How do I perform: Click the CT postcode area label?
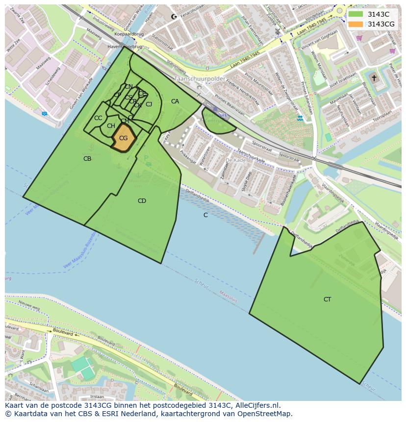[x=327, y=299]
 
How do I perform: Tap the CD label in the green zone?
[x=142, y=201]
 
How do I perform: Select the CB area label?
[x=87, y=159]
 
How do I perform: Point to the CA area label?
[x=175, y=101]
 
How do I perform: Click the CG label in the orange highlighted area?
[x=123, y=138]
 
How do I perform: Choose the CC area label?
[x=98, y=118]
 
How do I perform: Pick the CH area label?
[x=111, y=126]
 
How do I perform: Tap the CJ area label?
[x=149, y=104]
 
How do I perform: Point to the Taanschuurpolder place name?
[x=200, y=78]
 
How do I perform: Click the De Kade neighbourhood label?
[x=235, y=160]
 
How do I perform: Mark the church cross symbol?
[x=374, y=78]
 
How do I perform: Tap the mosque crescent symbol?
[x=173, y=17]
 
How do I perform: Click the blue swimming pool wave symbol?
[x=300, y=118]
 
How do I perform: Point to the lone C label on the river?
[x=205, y=215]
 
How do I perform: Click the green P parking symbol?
[x=146, y=158]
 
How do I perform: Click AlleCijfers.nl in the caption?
[x=257, y=405]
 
